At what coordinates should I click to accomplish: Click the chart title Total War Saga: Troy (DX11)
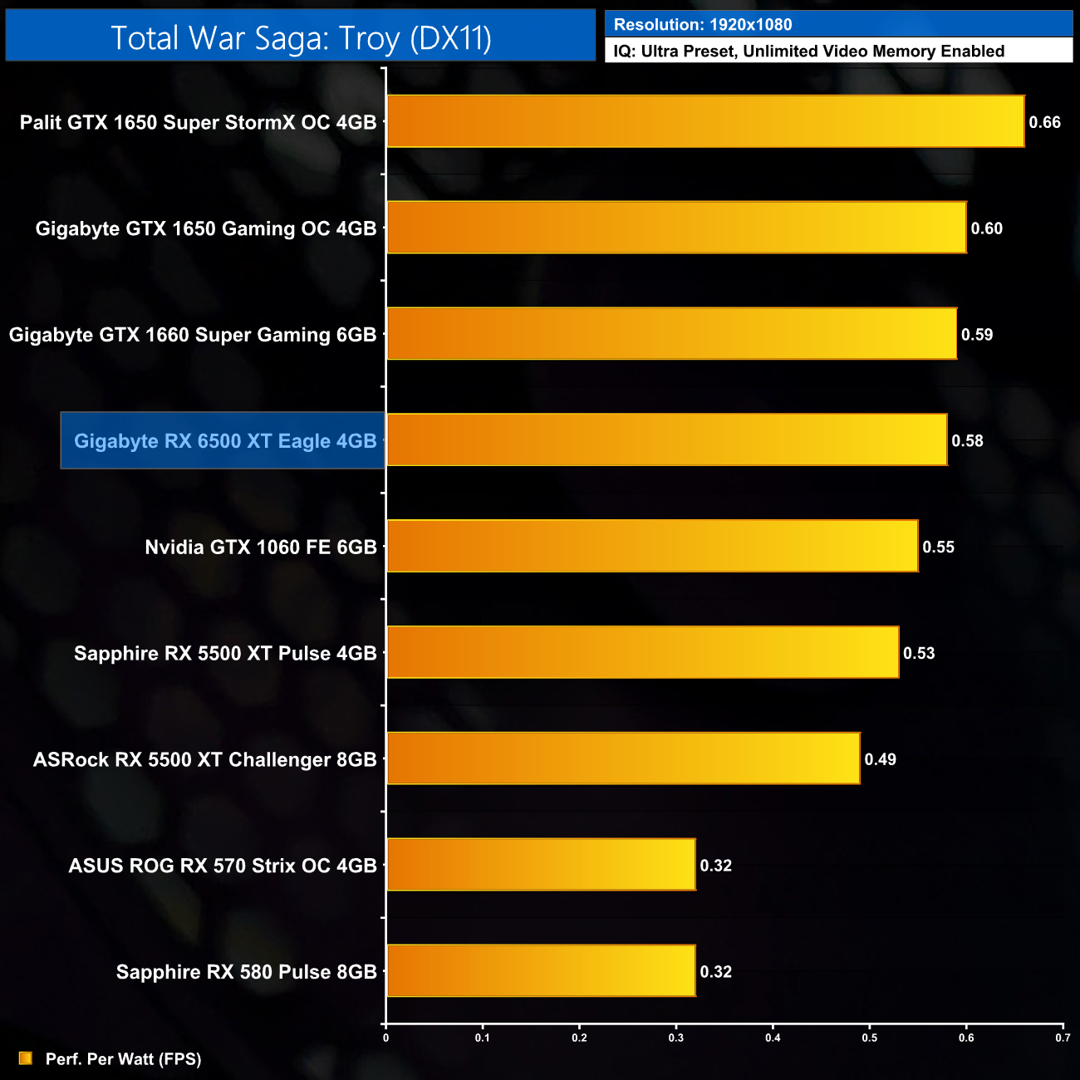pos(301,38)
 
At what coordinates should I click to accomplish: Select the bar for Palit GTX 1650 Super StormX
pos(705,121)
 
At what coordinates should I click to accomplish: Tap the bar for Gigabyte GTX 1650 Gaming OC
pos(676,228)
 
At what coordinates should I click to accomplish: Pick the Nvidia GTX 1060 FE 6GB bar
pos(652,547)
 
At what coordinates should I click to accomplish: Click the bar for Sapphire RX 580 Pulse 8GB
pos(541,971)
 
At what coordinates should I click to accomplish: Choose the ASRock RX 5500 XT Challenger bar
pos(623,758)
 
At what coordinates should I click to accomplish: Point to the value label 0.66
pos(1044,122)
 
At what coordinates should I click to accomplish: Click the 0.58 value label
pos(967,441)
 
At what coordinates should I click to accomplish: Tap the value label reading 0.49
pos(880,759)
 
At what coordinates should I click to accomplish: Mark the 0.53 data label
pos(919,653)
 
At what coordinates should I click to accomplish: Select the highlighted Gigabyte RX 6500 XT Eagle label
pos(224,441)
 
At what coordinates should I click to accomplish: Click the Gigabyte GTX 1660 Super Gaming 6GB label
pos(193,335)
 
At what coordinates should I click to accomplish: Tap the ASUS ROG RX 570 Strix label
pos(223,866)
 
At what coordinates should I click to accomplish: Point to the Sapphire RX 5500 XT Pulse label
pos(225,653)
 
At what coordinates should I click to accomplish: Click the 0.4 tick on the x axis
pos(773,1038)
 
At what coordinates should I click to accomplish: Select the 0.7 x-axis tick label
pos(1063,1038)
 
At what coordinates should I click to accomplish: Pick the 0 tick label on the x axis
pos(385,1038)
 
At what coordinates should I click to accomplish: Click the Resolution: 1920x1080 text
pos(703,25)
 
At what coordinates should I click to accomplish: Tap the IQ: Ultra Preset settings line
pos(808,52)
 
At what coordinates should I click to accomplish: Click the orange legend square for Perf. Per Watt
pos(26,1058)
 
